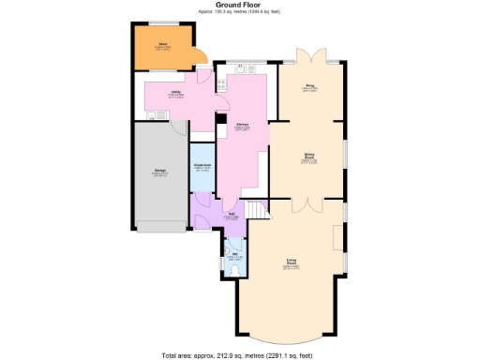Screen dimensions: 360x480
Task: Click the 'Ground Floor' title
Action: (x=238, y=5)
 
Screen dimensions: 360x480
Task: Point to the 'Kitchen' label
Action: (x=241, y=124)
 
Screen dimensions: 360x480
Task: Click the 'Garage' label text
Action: (x=159, y=171)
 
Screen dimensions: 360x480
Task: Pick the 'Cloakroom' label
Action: (x=202, y=166)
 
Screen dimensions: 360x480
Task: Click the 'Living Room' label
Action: (x=292, y=263)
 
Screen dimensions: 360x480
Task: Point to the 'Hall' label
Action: (x=231, y=214)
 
